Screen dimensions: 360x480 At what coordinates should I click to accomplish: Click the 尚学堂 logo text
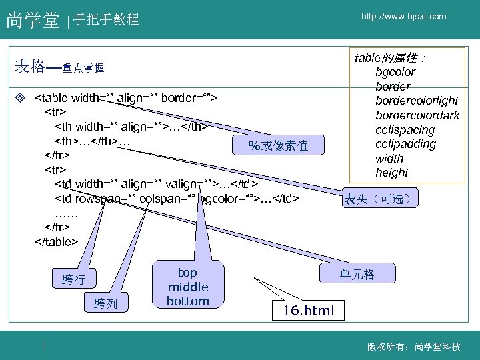pyautogui.click(x=33, y=21)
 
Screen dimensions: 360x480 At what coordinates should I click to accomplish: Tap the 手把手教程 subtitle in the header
pyautogui.click(x=106, y=20)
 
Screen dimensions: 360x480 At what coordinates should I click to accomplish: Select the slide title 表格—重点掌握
pyautogui.click(x=59, y=67)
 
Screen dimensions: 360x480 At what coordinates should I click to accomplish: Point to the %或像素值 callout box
pyautogui.click(x=277, y=145)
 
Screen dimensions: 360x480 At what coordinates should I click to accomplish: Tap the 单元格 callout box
pyautogui.click(x=357, y=273)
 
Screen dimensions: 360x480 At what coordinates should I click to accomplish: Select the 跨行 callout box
pyautogui.click(x=74, y=279)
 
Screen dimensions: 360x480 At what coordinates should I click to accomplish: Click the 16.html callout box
pyautogui.click(x=303, y=310)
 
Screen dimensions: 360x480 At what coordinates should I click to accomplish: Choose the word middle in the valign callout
pyautogui.click(x=187, y=287)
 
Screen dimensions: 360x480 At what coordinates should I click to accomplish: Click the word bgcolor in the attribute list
pyautogui.click(x=395, y=72)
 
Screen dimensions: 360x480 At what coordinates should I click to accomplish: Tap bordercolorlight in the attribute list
pyautogui.click(x=417, y=101)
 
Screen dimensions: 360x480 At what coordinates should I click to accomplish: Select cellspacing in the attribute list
pyautogui.click(x=405, y=130)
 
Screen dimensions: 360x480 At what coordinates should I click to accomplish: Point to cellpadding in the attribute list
pyautogui.click(x=405, y=144)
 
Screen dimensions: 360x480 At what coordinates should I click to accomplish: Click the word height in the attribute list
pyautogui.click(x=391, y=173)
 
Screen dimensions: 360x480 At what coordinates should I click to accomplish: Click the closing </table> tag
pyautogui.click(x=56, y=241)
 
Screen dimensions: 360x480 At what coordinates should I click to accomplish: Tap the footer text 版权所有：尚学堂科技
pyautogui.click(x=413, y=347)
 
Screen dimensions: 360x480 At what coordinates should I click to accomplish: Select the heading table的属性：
pyautogui.click(x=391, y=57)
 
